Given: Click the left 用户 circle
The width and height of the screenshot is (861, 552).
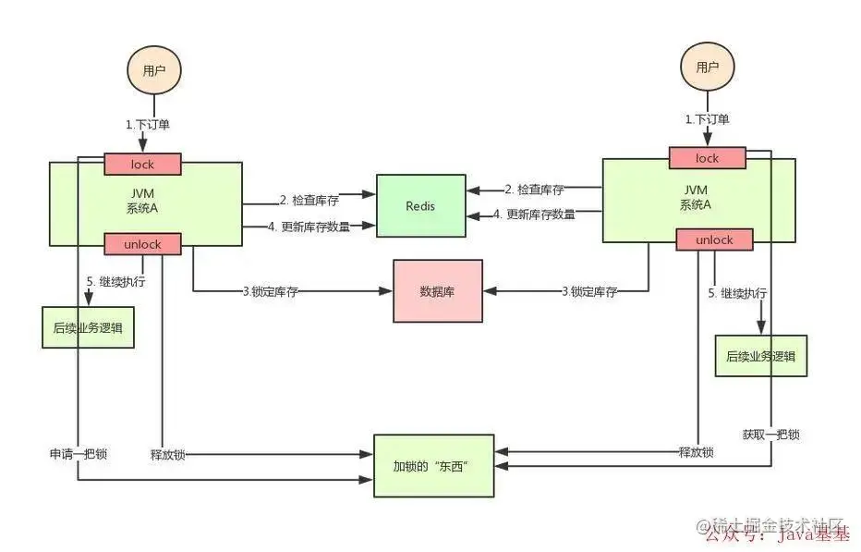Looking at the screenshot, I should click(x=153, y=71).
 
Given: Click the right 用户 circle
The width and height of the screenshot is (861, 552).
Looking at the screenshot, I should click(x=708, y=67).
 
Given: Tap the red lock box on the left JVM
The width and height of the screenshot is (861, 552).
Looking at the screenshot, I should click(x=142, y=164).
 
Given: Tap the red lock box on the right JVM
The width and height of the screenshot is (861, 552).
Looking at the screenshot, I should click(x=708, y=159).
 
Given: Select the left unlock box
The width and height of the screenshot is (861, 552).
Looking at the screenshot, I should click(x=142, y=244).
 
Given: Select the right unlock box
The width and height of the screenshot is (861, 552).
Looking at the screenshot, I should click(x=714, y=240).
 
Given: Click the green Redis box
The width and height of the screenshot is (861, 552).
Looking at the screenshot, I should click(x=420, y=205).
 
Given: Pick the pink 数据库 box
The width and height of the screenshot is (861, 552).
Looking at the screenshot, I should click(x=438, y=291).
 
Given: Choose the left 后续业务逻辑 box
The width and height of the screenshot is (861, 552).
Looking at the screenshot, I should click(x=88, y=327).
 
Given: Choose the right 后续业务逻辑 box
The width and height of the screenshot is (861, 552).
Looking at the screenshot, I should click(x=761, y=356).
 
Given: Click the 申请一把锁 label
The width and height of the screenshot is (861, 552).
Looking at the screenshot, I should click(x=78, y=455).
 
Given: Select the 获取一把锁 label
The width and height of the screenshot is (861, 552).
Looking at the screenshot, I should click(x=770, y=435).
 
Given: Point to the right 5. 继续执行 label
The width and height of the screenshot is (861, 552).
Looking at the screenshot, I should click(x=737, y=293).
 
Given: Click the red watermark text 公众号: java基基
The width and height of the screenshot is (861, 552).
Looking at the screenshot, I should click(x=776, y=534).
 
